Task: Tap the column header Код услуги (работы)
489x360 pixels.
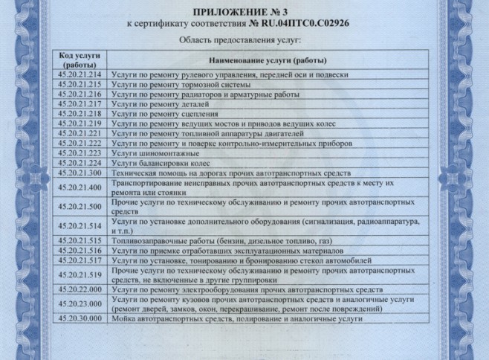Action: pyautogui.click(x=79, y=60)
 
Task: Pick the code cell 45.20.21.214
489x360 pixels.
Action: pyautogui.click(x=79, y=75)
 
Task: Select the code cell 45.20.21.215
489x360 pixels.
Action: pyautogui.click(x=79, y=85)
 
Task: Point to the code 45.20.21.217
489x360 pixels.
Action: pyautogui.click(x=79, y=104)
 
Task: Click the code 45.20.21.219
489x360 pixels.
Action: pyautogui.click(x=79, y=123)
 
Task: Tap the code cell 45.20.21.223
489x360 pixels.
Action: pyautogui.click(x=79, y=152)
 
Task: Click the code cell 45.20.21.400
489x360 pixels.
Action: pyautogui.click(x=79, y=187)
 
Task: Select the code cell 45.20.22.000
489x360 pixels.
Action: pyautogui.click(x=79, y=288)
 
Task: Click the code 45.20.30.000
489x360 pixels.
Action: pyautogui.click(x=79, y=318)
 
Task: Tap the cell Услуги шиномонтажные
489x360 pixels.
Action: pyautogui.click(x=149, y=152)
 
